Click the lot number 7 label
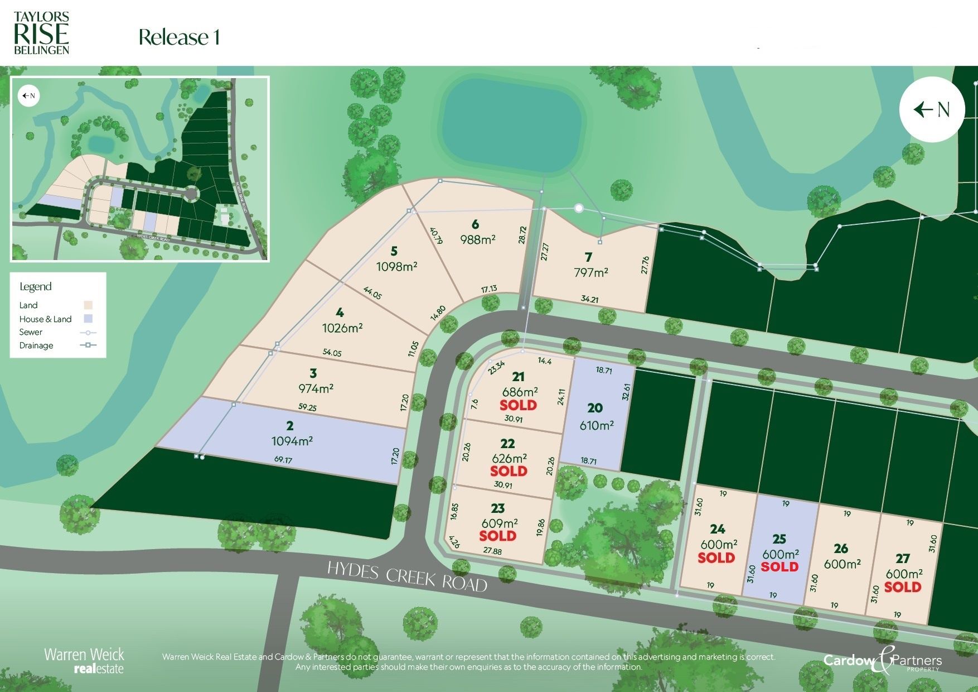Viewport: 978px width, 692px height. [x=588, y=257]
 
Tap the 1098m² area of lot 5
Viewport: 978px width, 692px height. [x=396, y=267]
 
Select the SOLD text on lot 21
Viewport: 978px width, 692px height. [x=518, y=405]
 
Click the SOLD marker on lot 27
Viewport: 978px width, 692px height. [x=902, y=587]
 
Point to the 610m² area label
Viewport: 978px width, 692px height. [x=597, y=425]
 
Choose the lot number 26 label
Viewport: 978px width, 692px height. [x=841, y=549]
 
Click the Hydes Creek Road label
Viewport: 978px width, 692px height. [x=407, y=576]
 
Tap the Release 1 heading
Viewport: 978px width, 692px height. [x=179, y=37]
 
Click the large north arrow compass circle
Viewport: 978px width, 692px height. [x=932, y=109]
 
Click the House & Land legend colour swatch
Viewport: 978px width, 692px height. [x=88, y=319]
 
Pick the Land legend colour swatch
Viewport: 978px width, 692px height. [x=88, y=305]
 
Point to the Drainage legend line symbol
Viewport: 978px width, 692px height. [x=88, y=345]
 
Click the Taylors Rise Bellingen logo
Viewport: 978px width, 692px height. [x=41, y=33]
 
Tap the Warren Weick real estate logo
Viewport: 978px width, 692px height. [x=84, y=661]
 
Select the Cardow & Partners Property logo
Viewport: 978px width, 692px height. [x=883, y=661]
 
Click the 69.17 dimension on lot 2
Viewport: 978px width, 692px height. [x=283, y=460]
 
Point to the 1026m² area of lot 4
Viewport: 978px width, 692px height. [x=342, y=328]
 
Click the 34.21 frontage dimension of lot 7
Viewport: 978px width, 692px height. [x=589, y=299]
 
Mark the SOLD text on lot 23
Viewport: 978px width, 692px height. [x=497, y=536]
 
